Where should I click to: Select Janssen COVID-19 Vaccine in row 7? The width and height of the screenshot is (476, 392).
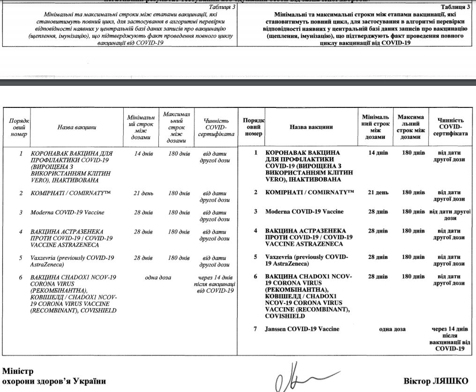pos(302,329)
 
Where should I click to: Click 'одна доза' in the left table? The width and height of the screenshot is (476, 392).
pos(158,277)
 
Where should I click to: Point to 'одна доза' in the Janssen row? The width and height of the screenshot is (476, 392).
pos(392,329)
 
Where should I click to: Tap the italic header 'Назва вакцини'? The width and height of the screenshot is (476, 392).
pos(77,127)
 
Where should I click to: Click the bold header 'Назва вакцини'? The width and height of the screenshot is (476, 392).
pos(311,127)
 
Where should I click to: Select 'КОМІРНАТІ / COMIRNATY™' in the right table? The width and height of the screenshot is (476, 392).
pos(309,193)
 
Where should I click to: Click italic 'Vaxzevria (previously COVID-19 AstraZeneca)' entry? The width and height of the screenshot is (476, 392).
pos(72,261)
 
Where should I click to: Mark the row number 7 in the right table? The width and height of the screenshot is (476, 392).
pos(255,329)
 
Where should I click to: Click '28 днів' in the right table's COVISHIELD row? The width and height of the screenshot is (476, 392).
pos(378,276)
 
